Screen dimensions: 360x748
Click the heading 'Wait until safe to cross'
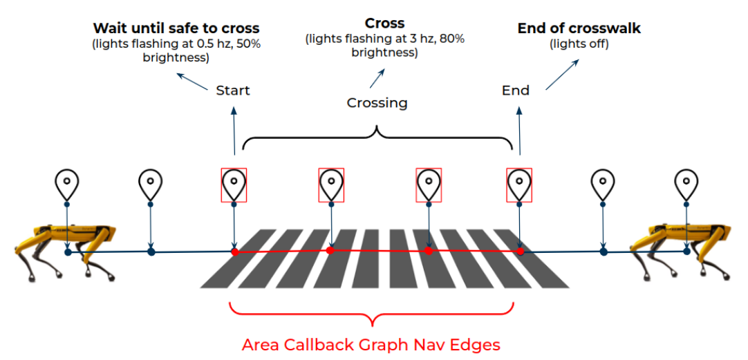coord(176,28)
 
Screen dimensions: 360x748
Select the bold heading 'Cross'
coord(385,23)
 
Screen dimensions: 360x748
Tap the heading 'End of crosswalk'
coord(579,28)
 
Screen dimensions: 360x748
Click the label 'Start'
coord(233,91)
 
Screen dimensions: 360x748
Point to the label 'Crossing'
coord(377,103)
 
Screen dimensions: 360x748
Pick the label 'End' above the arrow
coord(516,91)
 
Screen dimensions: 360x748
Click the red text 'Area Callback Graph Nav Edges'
coord(371,344)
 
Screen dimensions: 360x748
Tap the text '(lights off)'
coord(579,44)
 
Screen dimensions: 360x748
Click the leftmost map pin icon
coord(66,184)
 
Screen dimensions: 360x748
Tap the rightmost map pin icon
coord(686,184)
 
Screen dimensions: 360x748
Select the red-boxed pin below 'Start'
coord(234,184)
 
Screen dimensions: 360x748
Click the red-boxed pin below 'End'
coord(519,184)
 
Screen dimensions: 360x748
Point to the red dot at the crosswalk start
coord(234,252)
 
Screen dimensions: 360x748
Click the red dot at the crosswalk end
coord(520,252)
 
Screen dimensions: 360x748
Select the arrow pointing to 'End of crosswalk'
coord(562,74)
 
